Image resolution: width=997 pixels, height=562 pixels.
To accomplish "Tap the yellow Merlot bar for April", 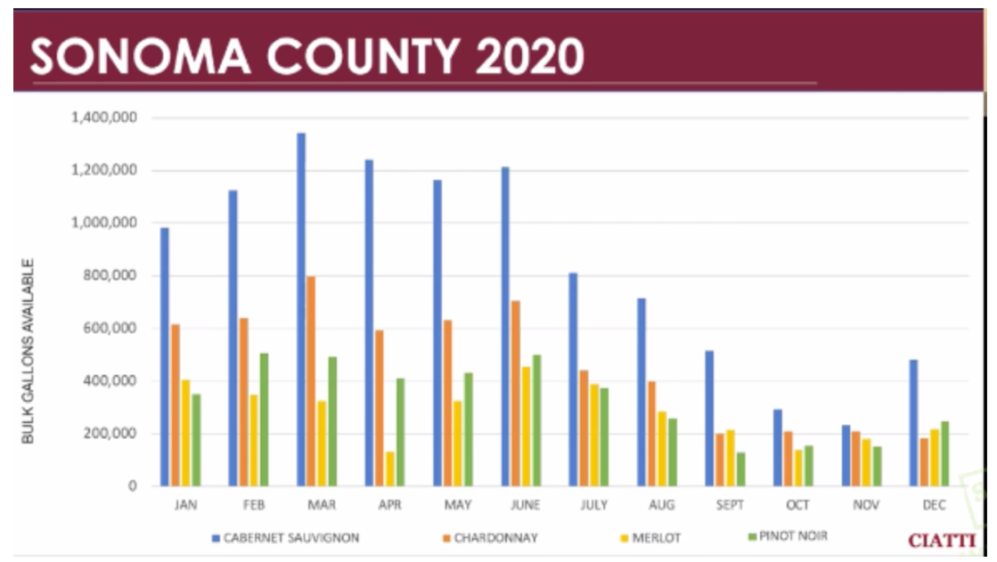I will pos(390,468).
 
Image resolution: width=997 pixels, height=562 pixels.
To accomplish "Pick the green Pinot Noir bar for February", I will pos(264,419).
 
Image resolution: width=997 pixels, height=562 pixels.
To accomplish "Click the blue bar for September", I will pos(709,418).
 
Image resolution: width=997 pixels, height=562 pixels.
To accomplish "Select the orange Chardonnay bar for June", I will pos(515,393).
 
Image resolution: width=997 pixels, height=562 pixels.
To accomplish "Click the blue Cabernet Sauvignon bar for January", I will pos(165,356).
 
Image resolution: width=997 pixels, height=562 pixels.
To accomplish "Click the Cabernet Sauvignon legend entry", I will pos(285,538).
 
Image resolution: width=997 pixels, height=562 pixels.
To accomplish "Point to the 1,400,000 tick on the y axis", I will pos(101,118).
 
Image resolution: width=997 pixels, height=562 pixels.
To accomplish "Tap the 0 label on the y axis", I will pos(132,486).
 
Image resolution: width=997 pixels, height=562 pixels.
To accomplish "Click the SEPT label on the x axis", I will pos(730,505).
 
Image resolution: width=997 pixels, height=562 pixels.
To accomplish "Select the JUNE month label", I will pos(526,505).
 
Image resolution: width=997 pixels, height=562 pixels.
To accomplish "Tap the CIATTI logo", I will pos(942,540).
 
